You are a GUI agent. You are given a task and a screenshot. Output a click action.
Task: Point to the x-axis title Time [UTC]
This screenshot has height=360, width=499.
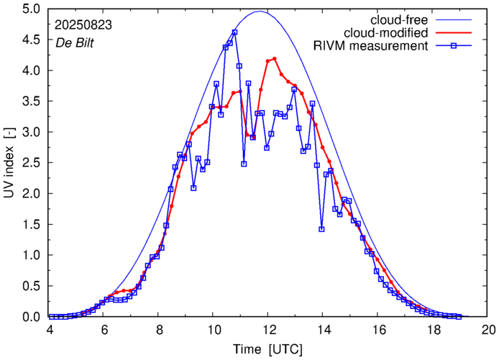click(268, 349)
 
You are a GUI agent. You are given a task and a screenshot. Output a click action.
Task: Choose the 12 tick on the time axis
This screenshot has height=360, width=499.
click(268, 331)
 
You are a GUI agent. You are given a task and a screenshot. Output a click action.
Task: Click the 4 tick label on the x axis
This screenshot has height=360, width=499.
click(50, 331)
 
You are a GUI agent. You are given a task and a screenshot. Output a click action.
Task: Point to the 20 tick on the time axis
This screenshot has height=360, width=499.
click(488, 331)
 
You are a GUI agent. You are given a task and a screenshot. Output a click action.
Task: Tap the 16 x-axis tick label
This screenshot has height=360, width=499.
click(378, 331)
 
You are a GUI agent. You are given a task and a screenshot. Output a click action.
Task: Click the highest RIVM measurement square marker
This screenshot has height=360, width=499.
click(235, 32)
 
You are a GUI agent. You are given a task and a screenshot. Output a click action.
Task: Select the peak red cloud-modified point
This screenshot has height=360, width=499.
click(275, 59)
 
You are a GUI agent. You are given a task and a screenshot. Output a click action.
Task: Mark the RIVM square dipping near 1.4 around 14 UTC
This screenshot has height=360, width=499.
click(321, 229)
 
